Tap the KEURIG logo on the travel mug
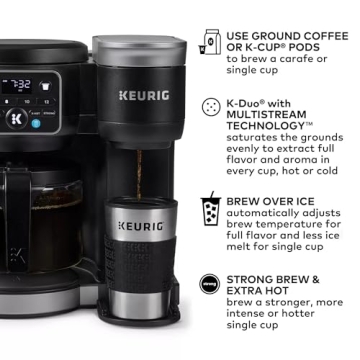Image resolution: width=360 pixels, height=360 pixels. tap(140, 227)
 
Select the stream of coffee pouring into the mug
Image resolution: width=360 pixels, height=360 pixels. tap(140, 165)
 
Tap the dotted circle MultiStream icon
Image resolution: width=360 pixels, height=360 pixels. tap(211, 106)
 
